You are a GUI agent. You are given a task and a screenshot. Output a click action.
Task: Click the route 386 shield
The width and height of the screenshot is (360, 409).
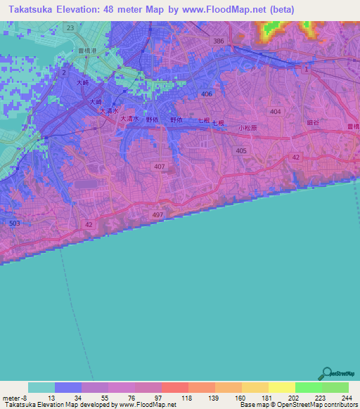[x=219, y=41]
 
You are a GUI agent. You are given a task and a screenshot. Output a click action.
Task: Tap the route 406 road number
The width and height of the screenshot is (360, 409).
[x=206, y=94]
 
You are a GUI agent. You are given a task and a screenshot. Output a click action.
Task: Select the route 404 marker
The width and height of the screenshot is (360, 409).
[x=275, y=112]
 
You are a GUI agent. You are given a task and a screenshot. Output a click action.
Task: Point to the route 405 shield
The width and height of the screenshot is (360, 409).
[x=242, y=151]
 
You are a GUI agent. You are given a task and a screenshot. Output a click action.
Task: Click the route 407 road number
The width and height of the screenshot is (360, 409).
[x=160, y=167]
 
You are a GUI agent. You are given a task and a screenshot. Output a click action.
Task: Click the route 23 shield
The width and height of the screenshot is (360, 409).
[x=70, y=27]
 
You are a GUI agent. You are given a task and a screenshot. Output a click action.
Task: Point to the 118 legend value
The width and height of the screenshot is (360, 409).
[x=187, y=398]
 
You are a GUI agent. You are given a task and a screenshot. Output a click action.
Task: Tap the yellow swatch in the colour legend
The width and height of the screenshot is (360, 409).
[x=282, y=387]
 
